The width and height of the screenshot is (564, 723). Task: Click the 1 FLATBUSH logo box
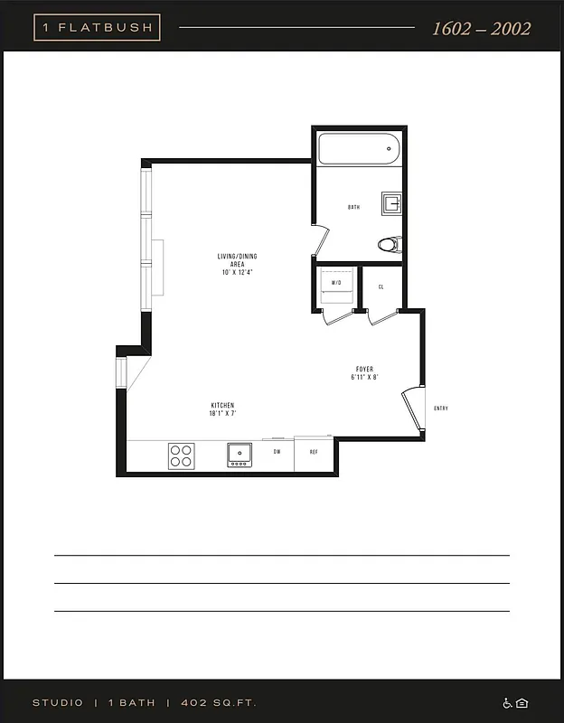point(97,27)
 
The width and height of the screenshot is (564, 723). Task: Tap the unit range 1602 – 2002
point(481,28)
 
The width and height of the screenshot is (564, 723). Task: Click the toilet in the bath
point(390,244)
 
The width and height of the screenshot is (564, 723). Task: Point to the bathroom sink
point(391,202)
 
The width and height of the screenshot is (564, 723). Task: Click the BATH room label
point(354,208)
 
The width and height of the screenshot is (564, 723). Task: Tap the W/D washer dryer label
point(336,284)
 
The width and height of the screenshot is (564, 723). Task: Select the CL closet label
point(381,286)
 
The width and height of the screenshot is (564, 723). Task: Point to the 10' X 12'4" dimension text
point(237,272)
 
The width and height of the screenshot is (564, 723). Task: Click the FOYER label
point(364,369)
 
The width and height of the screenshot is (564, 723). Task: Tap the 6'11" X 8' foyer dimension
point(364,377)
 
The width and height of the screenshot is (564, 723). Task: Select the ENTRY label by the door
point(441,408)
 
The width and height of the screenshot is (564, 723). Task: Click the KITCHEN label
point(223,405)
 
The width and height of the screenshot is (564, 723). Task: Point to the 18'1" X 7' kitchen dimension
point(223,413)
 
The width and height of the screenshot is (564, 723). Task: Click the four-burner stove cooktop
point(181,455)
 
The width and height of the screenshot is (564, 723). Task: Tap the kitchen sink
point(240,454)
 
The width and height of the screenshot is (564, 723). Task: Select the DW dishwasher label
point(277,451)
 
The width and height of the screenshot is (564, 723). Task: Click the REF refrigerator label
point(314,451)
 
